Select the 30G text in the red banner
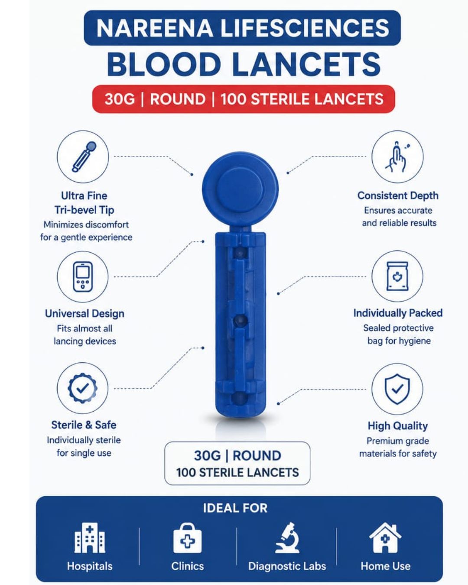click(120, 99)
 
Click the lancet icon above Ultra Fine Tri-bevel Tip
click(84, 156)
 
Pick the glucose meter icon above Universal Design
click(83, 277)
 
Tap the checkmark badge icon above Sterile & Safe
click(82, 388)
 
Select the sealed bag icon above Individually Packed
click(397, 276)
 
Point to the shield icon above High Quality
click(397, 389)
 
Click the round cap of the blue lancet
click(240, 189)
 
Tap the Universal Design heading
click(84, 313)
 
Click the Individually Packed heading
click(398, 313)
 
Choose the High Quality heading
click(397, 426)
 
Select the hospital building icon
click(90, 538)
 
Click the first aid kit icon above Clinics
click(187, 538)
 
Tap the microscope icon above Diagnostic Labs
click(287, 538)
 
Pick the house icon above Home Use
click(385, 538)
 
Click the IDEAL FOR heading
click(235, 508)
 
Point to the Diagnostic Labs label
click(287, 566)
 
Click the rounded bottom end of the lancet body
click(240, 409)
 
